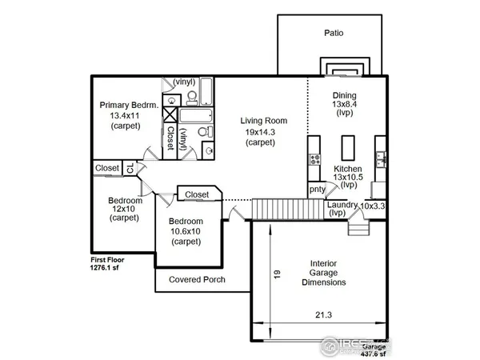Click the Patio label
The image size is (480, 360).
click(x=334, y=34)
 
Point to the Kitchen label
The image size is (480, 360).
click(x=348, y=170)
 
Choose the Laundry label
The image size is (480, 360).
click(x=342, y=205)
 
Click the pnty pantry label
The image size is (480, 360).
click(x=317, y=190)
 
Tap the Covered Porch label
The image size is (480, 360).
click(x=197, y=280)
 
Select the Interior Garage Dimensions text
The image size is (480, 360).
click(x=318, y=272)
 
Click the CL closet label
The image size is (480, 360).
click(x=130, y=168)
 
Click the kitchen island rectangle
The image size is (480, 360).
click(x=350, y=147)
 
